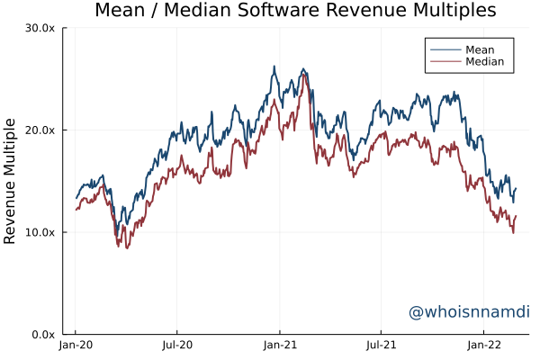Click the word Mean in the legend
[x=481, y=49]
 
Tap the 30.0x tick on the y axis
[x=40, y=28]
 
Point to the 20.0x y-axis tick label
[x=40, y=130]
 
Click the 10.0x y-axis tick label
[x=40, y=232]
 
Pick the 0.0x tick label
[x=43, y=334]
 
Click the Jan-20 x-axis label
[x=75, y=345]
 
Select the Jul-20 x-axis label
[x=177, y=345]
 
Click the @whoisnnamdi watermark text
[x=469, y=312]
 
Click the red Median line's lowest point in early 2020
[x=128, y=247]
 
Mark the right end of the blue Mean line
[x=517, y=188]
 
